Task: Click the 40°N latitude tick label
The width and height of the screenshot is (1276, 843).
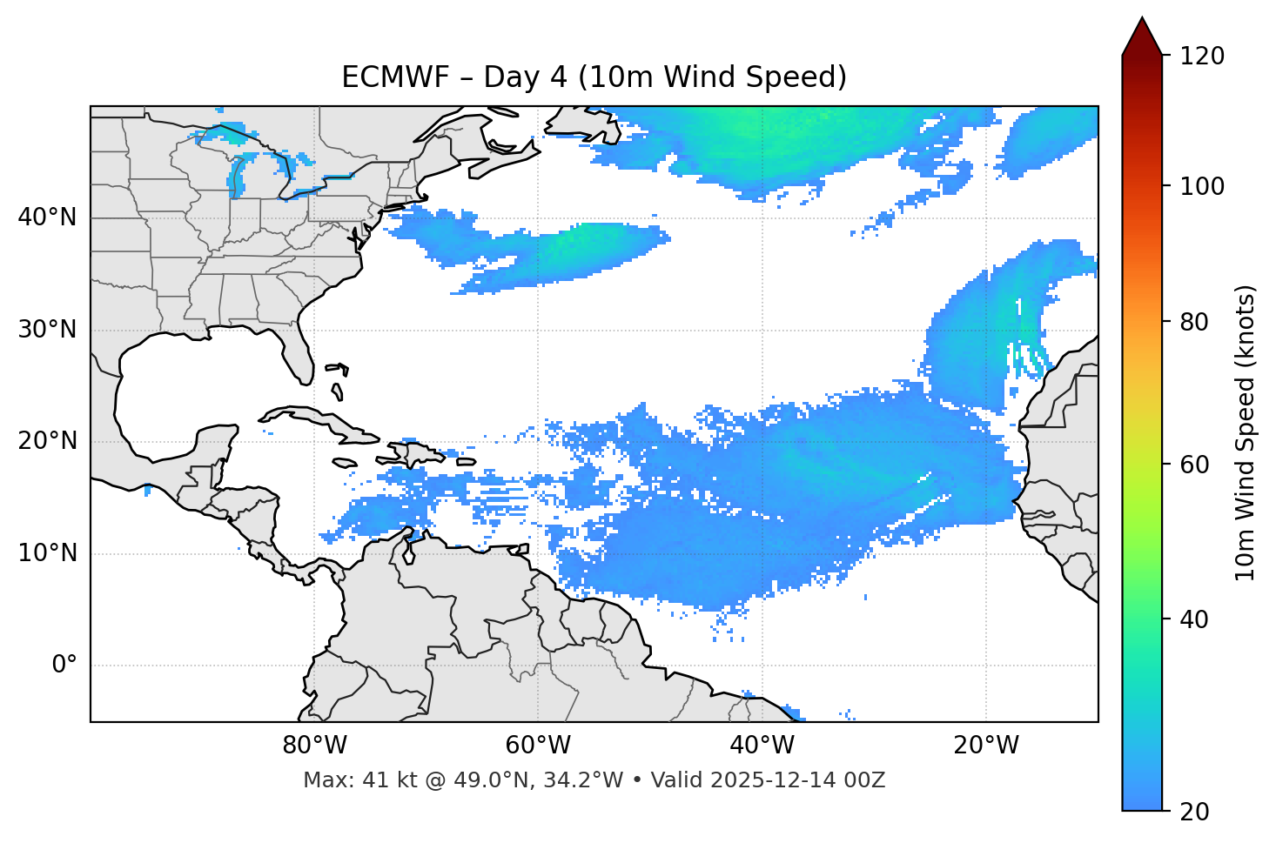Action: pos(47,217)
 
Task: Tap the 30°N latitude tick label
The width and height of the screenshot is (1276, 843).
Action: pos(47,330)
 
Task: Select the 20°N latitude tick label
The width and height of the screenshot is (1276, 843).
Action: pos(47,441)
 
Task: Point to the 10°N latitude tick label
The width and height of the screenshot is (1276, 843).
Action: pos(47,553)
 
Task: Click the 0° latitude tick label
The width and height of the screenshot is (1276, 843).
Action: pos(64,665)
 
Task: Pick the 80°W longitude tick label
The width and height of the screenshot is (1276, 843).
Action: pos(314,746)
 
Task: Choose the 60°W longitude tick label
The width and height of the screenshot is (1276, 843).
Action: pos(538,746)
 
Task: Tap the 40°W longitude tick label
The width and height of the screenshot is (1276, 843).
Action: pos(762,746)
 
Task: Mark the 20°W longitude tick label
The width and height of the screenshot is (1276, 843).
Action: pos(985,746)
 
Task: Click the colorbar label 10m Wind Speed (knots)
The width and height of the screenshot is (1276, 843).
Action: pos(1246,432)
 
